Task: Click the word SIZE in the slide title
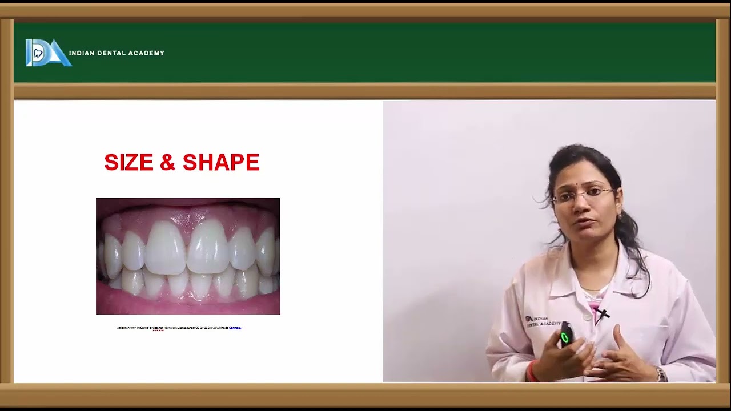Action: tap(128, 163)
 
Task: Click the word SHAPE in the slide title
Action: tap(220, 163)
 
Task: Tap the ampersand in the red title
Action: tap(167, 163)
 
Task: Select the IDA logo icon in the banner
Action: tap(47, 53)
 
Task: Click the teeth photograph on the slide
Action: tap(188, 256)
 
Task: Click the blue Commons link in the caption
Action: tap(235, 328)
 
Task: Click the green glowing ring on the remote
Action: tap(564, 337)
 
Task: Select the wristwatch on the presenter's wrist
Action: tap(661, 374)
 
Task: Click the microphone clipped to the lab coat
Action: tap(601, 313)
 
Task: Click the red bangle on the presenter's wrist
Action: tap(531, 372)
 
